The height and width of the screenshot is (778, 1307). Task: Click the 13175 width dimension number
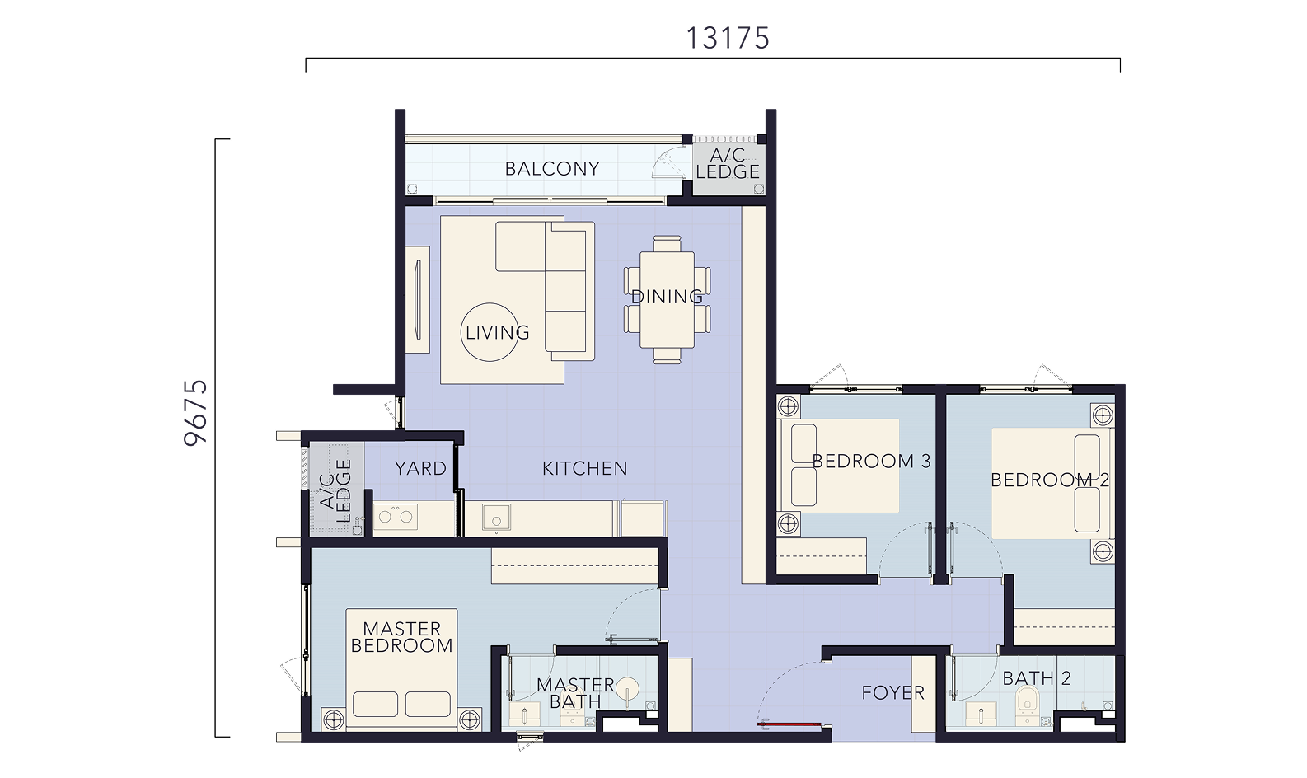coord(728,39)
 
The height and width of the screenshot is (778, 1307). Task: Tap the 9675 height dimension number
coord(195,413)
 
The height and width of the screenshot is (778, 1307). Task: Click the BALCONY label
coord(552,169)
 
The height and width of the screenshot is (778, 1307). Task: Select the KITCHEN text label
coord(584,468)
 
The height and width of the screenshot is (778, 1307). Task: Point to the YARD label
coord(420,468)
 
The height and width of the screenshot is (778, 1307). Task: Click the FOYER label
coord(892,693)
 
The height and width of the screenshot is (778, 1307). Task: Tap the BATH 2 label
coord(1037,678)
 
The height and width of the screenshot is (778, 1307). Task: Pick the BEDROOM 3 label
coord(871,461)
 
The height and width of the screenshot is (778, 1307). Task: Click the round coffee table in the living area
coord(490,332)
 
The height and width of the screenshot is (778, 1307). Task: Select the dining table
coord(667,300)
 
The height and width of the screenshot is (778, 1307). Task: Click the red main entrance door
coord(789,724)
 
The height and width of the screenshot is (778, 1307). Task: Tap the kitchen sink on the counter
coord(497,517)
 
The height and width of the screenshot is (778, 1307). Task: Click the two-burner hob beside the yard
coord(396,517)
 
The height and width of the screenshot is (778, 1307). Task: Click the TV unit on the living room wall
coord(418,299)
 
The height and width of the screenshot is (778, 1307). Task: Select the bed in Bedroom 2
coord(1051,483)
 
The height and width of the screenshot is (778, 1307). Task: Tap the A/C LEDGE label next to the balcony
coord(728,163)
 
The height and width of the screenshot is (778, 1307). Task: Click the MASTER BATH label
coord(575,693)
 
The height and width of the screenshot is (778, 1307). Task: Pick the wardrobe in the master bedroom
coord(574,565)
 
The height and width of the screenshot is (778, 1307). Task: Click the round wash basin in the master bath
coord(628,689)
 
